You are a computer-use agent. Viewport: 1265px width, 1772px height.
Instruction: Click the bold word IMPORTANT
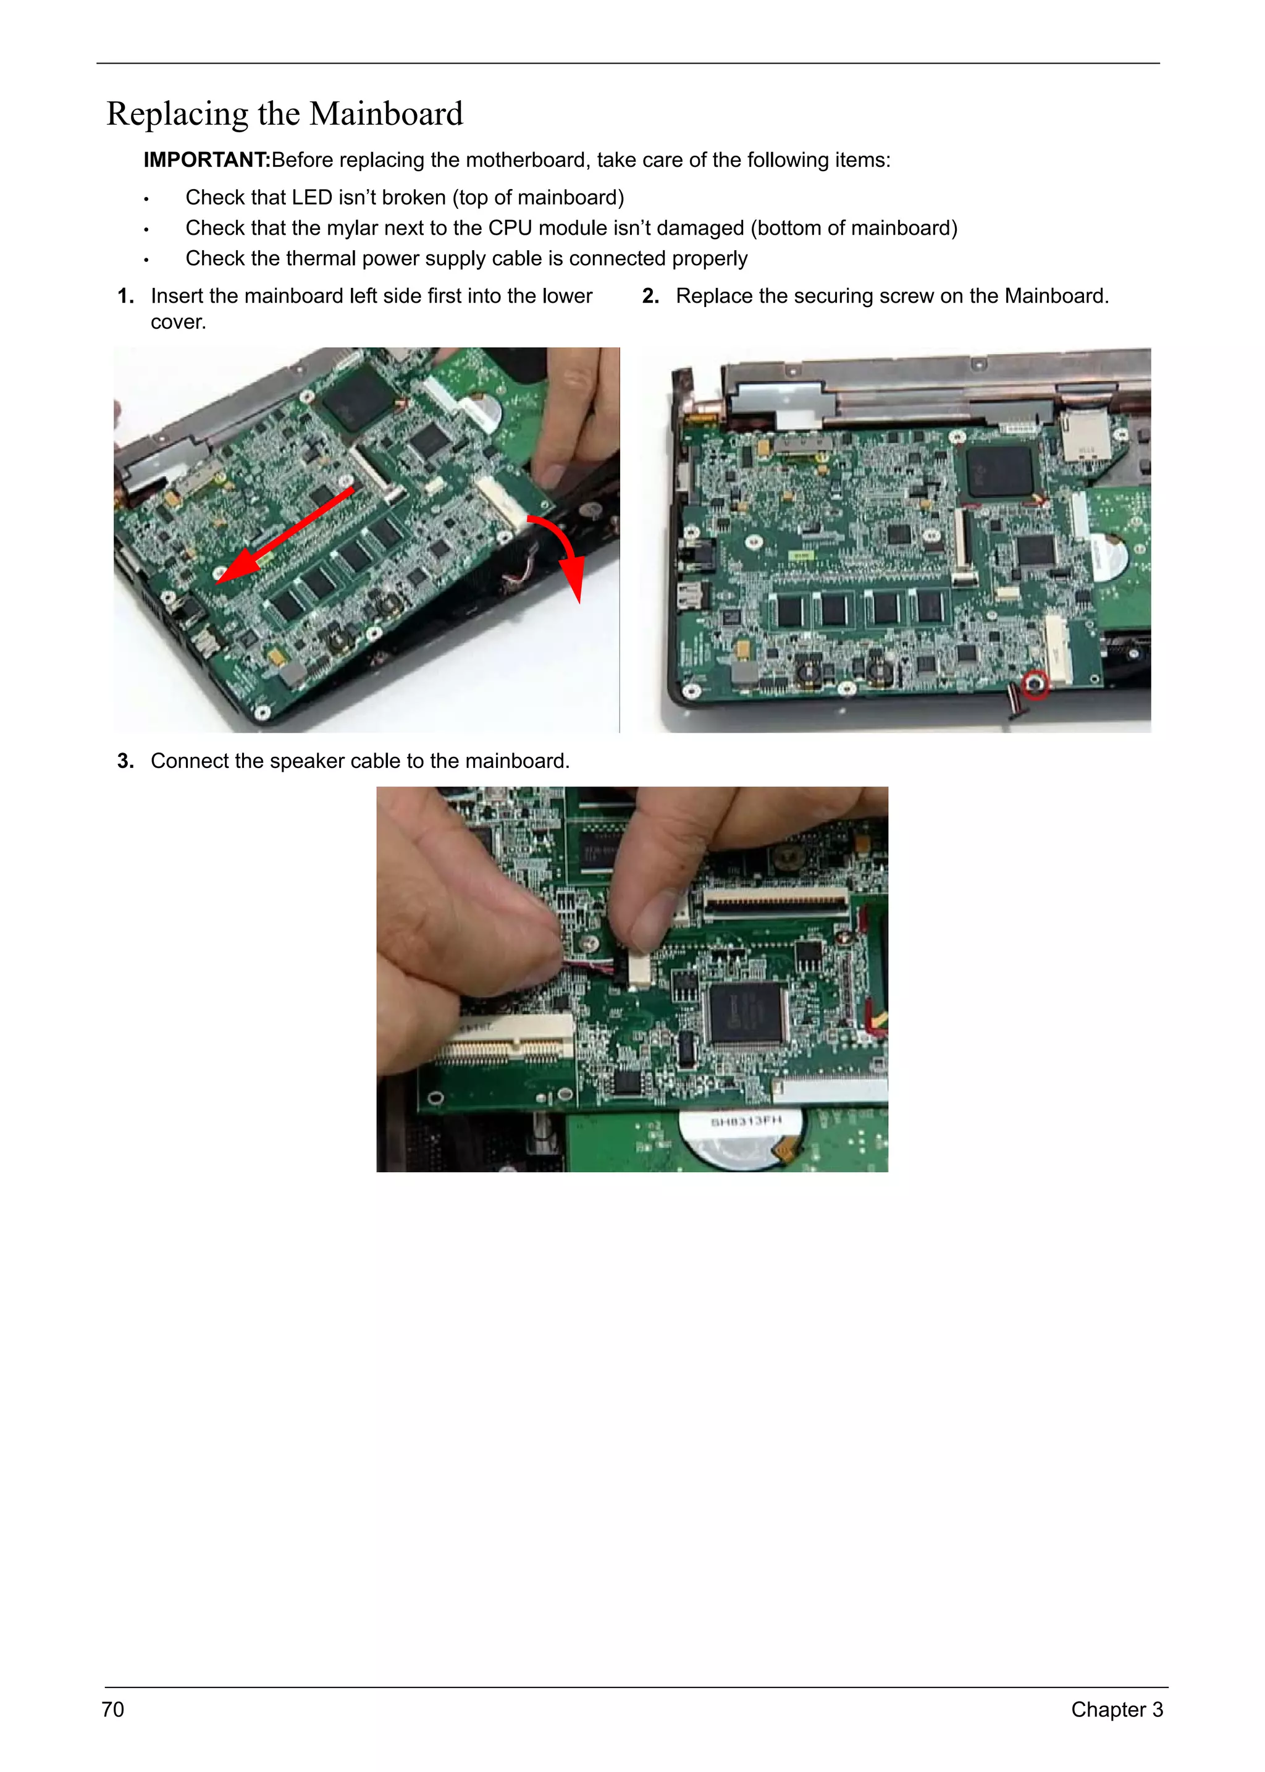click(206, 160)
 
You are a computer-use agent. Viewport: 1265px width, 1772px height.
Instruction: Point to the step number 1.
click(125, 296)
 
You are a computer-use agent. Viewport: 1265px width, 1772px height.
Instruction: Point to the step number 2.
click(650, 296)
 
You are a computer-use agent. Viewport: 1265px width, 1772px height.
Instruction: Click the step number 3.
click(125, 761)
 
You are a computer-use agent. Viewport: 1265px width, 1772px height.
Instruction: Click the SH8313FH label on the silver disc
click(745, 1121)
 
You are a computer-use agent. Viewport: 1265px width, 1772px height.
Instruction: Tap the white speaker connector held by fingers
click(639, 969)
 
